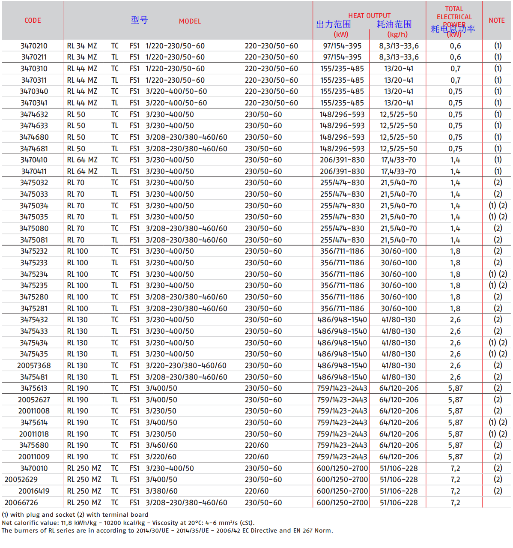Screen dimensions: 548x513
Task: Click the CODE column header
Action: (x=33, y=20)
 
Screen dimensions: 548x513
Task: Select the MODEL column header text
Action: (x=190, y=21)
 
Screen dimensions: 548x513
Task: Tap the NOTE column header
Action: (x=496, y=20)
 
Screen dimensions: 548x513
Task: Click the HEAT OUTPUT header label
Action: (x=369, y=15)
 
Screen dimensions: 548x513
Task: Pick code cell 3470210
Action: (x=34, y=46)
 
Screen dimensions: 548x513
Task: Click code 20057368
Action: (x=34, y=365)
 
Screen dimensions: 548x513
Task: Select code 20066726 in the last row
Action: (x=21, y=503)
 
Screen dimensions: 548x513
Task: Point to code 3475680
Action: (x=34, y=445)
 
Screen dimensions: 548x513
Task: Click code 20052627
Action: (x=34, y=400)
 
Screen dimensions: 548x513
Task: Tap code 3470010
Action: (x=34, y=468)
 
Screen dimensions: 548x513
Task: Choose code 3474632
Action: (x=34, y=114)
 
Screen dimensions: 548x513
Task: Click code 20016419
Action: (x=34, y=491)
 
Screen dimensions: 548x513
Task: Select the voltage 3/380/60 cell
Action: (x=161, y=491)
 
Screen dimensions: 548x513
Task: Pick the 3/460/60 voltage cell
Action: (x=161, y=445)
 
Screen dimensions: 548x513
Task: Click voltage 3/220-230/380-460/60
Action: (x=186, y=365)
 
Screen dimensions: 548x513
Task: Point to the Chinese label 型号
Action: (x=139, y=20)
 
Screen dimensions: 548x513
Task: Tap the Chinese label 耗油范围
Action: (x=394, y=24)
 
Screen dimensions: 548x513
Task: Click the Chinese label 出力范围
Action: (x=334, y=24)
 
